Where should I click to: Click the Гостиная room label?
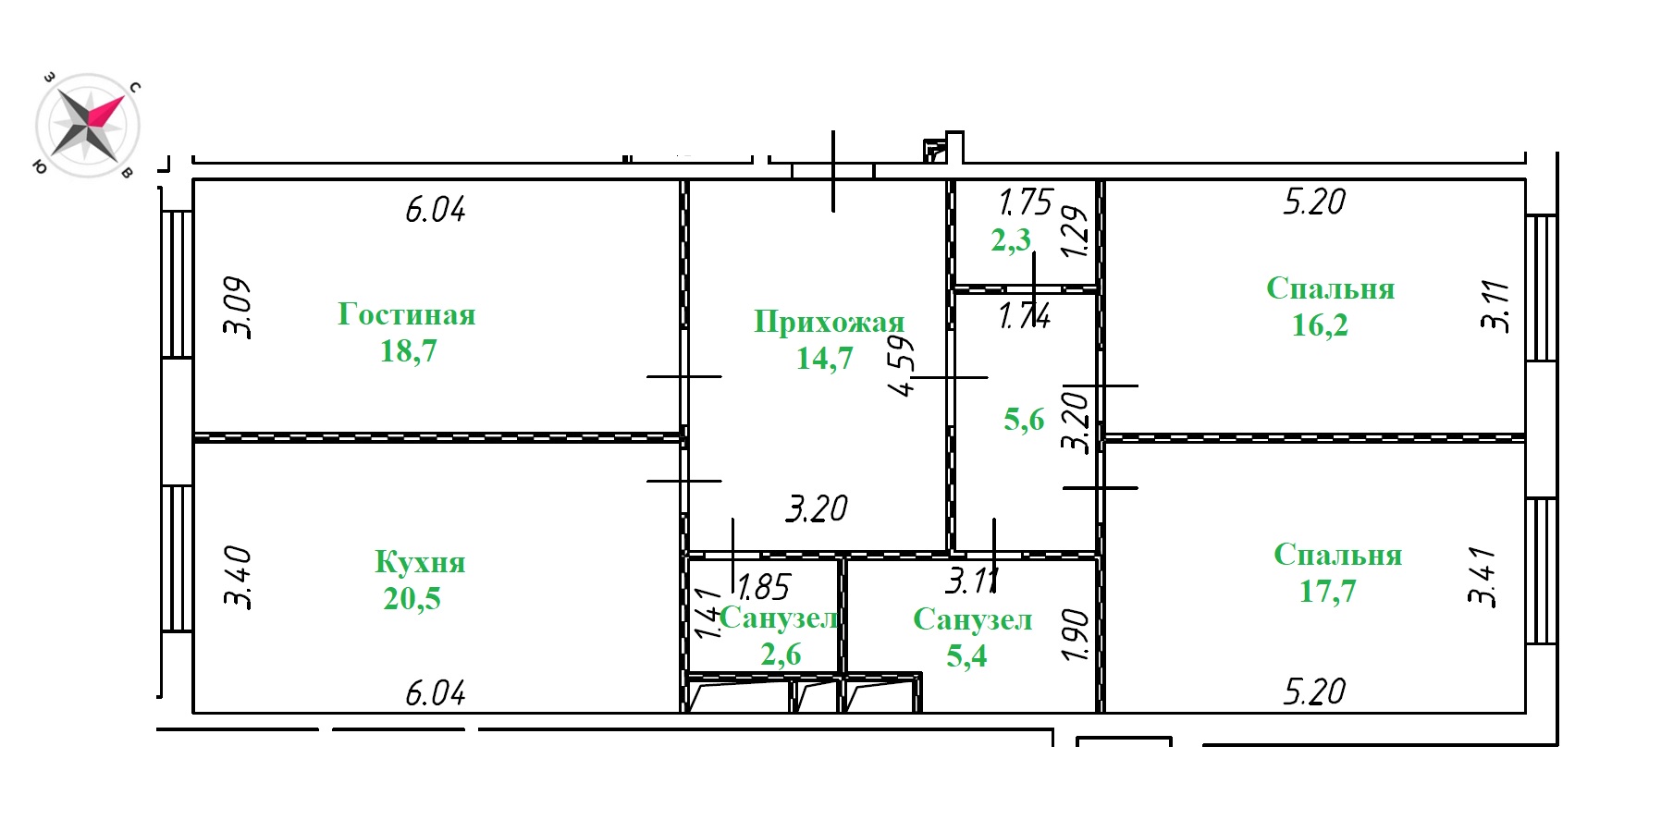pos(407,314)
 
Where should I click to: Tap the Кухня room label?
pos(420,562)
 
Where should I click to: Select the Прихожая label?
pos(829,322)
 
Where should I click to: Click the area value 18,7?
pos(408,351)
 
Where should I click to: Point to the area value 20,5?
pos(412,599)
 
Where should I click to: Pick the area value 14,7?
pos(825,359)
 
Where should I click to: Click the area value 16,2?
pos(1320,325)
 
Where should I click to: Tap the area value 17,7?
pos(1327,591)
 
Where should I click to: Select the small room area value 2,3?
pos(1011,240)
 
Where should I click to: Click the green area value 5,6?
pos(1024,420)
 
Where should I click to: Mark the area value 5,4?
pos(966,656)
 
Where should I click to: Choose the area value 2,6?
pos(781,655)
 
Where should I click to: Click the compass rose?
pos(88,125)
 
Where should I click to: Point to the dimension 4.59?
pos(903,366)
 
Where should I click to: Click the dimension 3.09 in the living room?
pos(237,308)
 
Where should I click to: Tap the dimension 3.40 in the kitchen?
pos(238,577)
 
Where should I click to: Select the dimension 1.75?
pos(1026,202)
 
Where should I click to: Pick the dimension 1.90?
pos(1076,634)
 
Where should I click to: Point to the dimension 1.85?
pos(763,587)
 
